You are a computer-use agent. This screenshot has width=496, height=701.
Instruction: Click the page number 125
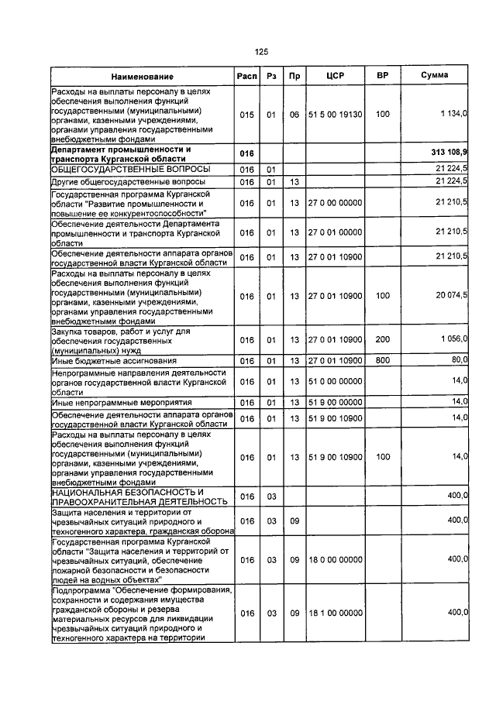261,52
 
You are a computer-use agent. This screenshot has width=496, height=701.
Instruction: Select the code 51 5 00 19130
335,115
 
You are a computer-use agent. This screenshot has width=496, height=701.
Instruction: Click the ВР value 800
382,360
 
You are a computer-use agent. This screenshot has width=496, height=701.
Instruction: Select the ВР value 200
382,339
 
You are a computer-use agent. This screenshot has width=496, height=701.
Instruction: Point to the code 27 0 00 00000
335,203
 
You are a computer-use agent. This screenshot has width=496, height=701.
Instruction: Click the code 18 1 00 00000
335,613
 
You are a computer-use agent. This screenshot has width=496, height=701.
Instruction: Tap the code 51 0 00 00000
335,381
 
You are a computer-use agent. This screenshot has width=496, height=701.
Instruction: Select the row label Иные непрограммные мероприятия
110,402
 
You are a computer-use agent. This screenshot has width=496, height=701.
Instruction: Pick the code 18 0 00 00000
335,558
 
